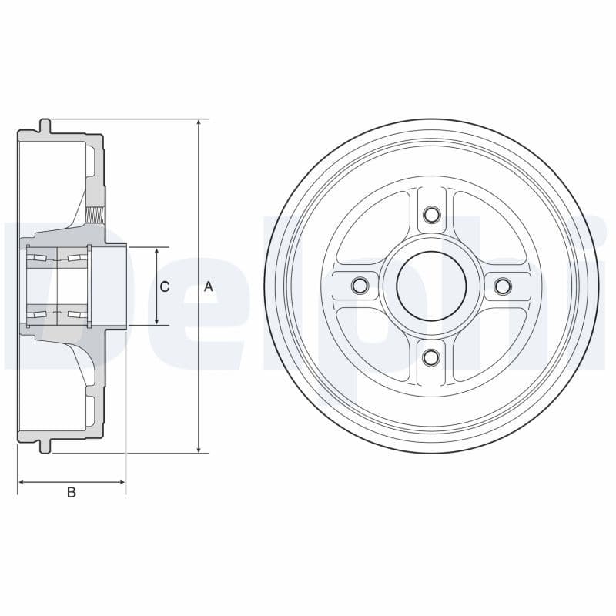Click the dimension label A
(x=208, y=286)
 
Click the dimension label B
(x=71, y=492)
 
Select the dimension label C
(x=164, y=286)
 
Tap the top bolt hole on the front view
(x=431, y=214)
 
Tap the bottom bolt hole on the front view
(x=431, y=357)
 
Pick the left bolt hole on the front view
(x=359, y=286)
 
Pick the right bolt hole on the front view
(x=503, y=286)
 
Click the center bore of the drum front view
(x=431, y=286)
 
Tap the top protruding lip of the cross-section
(x=45, y=126)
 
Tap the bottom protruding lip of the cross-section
(x=45, y=446)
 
